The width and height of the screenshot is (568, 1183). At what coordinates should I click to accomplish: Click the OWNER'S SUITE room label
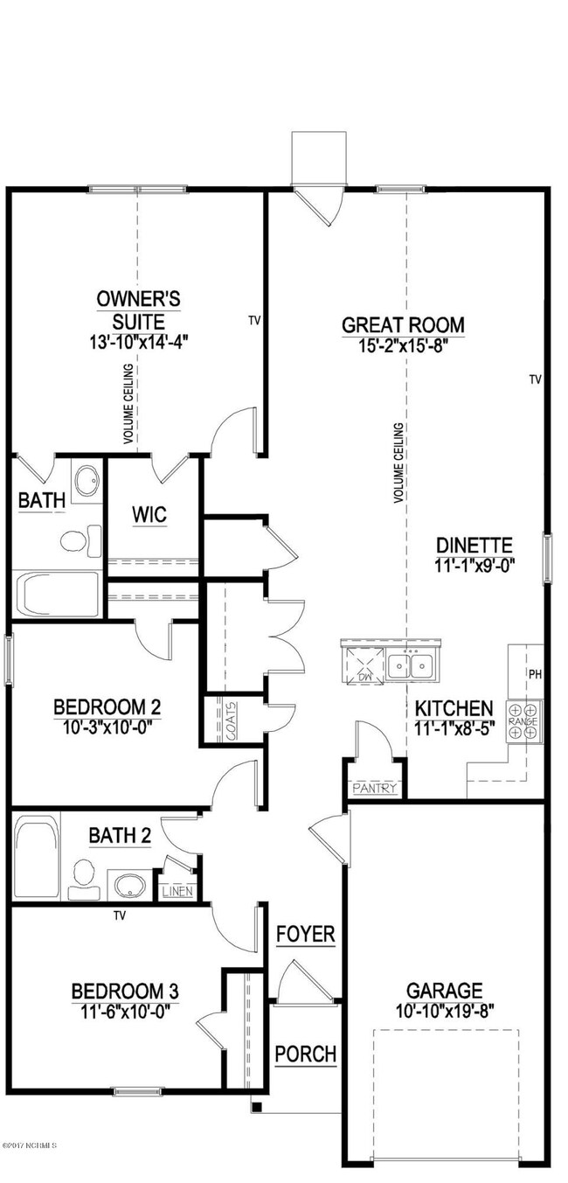[x=138, y=310]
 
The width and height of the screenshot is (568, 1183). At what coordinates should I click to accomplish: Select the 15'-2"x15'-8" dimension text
[x=403, y=345]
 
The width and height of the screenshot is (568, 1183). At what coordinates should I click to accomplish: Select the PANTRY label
[x=375, y=788]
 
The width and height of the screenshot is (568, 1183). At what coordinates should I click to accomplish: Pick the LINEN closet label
[x=177, y=892]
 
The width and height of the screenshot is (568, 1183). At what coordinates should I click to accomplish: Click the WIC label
[x=149, y=513]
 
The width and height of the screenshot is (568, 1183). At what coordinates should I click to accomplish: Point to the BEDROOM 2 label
[x=107, y=706]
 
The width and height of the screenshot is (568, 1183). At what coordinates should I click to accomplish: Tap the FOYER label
[x=305, y=934]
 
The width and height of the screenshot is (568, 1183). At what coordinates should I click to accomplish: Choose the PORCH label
[x=305, y=1054]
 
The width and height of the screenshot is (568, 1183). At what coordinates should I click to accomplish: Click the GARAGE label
[x=444, y=991]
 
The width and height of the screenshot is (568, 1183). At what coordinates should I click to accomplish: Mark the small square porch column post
[x=256, y=1107]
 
